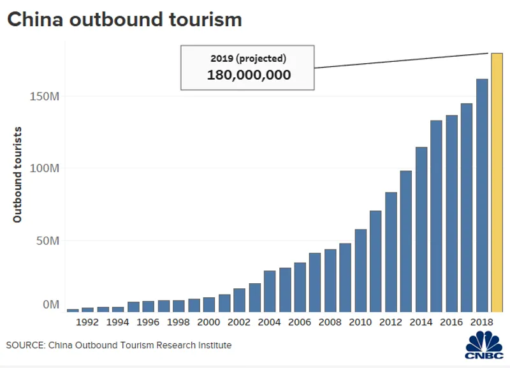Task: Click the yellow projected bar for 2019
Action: (497, 182)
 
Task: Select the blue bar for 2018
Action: (482, 195)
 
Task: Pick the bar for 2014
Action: (421, 230)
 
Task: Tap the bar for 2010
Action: (361, 270)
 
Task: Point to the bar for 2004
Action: (270, 291)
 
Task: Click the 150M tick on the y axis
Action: (45, 96)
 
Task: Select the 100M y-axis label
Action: (45, 168)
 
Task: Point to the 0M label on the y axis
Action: (50, 304)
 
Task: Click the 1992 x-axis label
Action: (87, 323)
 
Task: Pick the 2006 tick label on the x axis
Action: (300, 323)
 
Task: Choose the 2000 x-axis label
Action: (209, 323)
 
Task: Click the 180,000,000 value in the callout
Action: (249, 75)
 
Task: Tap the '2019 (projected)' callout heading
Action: (249, 58)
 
